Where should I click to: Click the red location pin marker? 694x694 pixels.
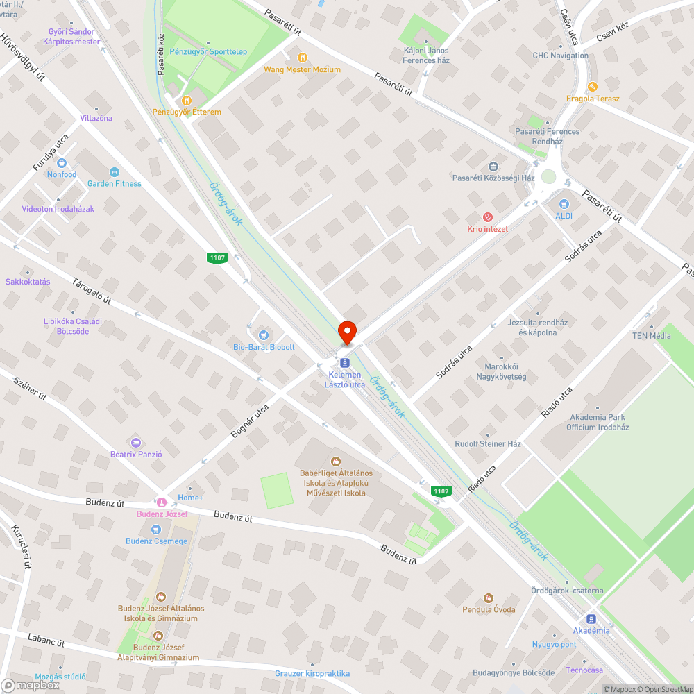click(346, 332)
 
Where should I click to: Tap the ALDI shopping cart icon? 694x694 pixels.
click(564, 204)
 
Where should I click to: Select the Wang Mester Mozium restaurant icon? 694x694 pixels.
click(302, 58)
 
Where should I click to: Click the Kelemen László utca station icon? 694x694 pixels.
click(344, 362)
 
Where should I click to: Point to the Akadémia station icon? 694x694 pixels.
click(591, 618)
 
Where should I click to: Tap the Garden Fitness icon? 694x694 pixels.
click(114, 172)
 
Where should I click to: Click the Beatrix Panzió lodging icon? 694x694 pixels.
click(135, 442)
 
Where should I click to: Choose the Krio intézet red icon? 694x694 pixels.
click(487, 217)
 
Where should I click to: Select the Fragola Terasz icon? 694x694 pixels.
click(592, 87)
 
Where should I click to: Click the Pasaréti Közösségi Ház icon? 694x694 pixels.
click(493, 167)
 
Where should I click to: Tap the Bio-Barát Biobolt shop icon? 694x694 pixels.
click(263, 335)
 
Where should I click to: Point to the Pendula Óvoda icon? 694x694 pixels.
click(489, 598)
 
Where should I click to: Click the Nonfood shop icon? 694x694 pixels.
click(62, 163)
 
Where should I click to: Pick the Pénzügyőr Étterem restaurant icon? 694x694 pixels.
click(186, 100)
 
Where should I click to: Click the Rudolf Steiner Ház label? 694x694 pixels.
click(487, 443)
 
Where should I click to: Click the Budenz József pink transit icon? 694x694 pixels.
click(161, 502)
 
